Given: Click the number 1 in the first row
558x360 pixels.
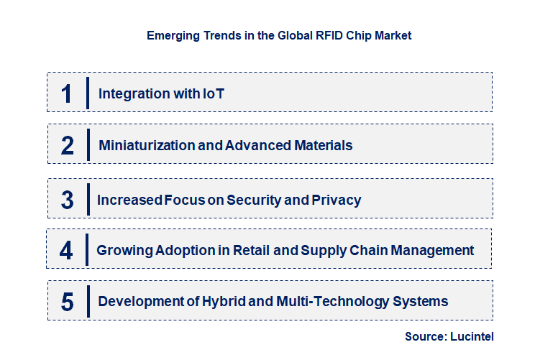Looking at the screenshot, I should [67, 93].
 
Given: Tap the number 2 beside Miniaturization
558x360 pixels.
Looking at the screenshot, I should [68, 146].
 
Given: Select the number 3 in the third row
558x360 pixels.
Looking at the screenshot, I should [67, 200].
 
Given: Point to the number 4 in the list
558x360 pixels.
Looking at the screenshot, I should [66, 251].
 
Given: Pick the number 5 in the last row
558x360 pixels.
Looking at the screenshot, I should [67, 302].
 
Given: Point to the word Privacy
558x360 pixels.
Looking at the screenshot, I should [337, 200].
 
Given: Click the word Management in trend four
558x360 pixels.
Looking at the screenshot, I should [434, 251].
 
